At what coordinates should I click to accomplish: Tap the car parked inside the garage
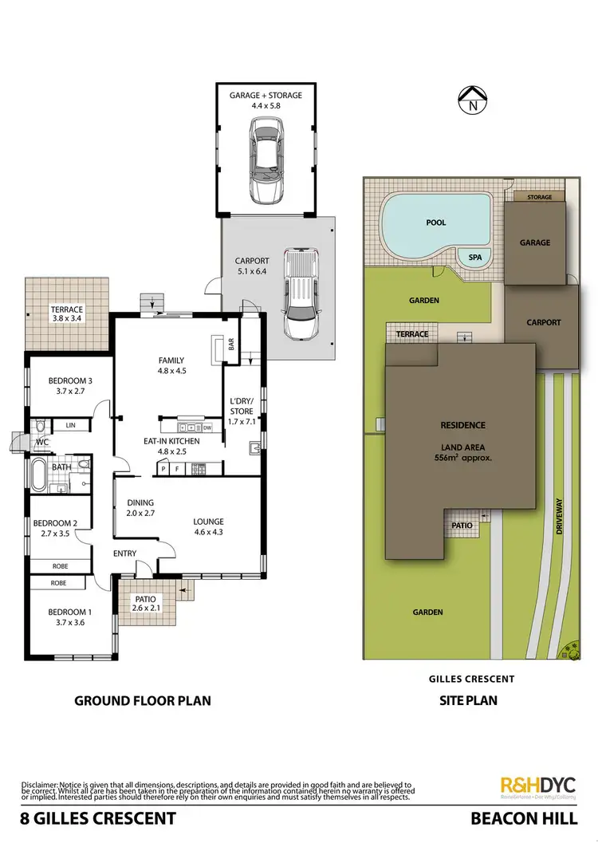[x=266, y=159]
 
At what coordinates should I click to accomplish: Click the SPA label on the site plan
[x=474, y=258]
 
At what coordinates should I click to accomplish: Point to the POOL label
[x=435, y=223]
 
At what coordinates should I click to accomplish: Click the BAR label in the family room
[x=231, y=345]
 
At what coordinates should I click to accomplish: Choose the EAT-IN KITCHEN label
[x=172, y=441]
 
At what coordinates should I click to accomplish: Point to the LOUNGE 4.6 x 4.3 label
[x=208, y=528]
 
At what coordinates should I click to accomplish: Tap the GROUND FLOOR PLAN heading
[x=142, y=701]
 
